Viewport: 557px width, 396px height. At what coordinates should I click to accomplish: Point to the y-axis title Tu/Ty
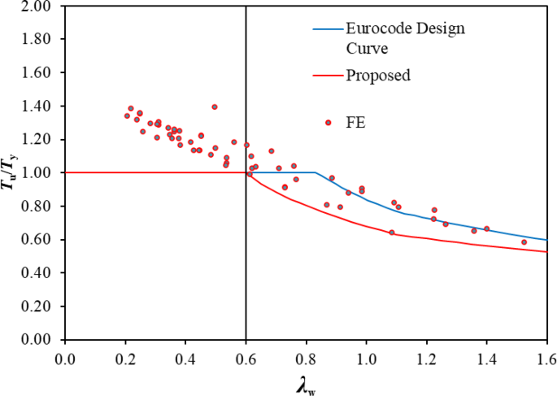(x=11, y=173)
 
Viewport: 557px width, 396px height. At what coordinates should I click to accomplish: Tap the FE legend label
(x=355, y=123)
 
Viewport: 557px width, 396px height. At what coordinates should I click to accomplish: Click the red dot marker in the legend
(x=328, y=123)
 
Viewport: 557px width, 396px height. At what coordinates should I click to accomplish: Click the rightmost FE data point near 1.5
(x=524, y=242)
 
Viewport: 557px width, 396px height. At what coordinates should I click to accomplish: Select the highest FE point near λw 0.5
(x=215, y=107)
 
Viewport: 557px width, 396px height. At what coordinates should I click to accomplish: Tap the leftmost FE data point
(x=127, y=115)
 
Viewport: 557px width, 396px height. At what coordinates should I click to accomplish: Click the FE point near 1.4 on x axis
(x=486, y=228)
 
